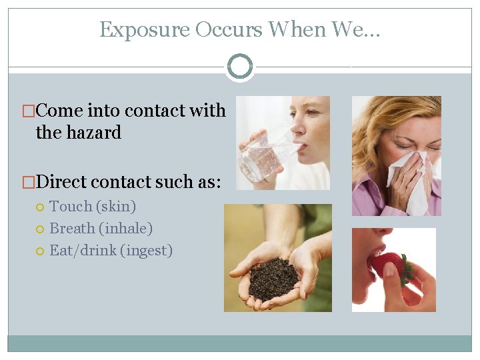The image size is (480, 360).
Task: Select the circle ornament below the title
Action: tap(240, 67)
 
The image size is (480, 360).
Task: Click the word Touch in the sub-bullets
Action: tap(71, 207)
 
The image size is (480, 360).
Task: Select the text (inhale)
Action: tap(126, 229)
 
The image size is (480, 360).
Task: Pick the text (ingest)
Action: tap(146, 251)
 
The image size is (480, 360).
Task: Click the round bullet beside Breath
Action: tap(41, 229)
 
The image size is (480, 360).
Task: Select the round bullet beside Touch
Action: tap(41, 207)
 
